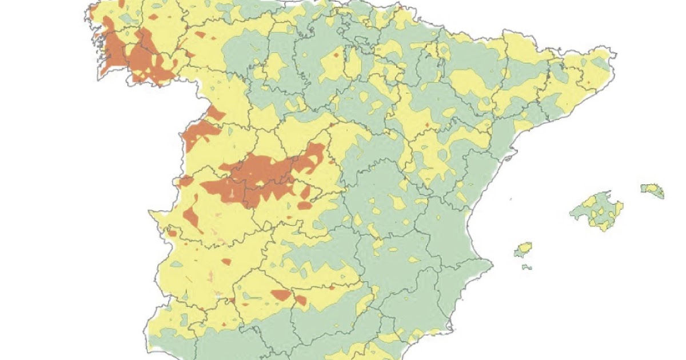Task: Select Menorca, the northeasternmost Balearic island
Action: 652,190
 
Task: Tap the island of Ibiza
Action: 523,249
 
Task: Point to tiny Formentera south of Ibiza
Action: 527,267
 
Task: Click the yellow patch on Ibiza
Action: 522,249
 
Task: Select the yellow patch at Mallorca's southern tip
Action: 604,226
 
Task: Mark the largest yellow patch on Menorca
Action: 649,188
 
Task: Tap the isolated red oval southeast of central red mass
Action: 305,205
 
